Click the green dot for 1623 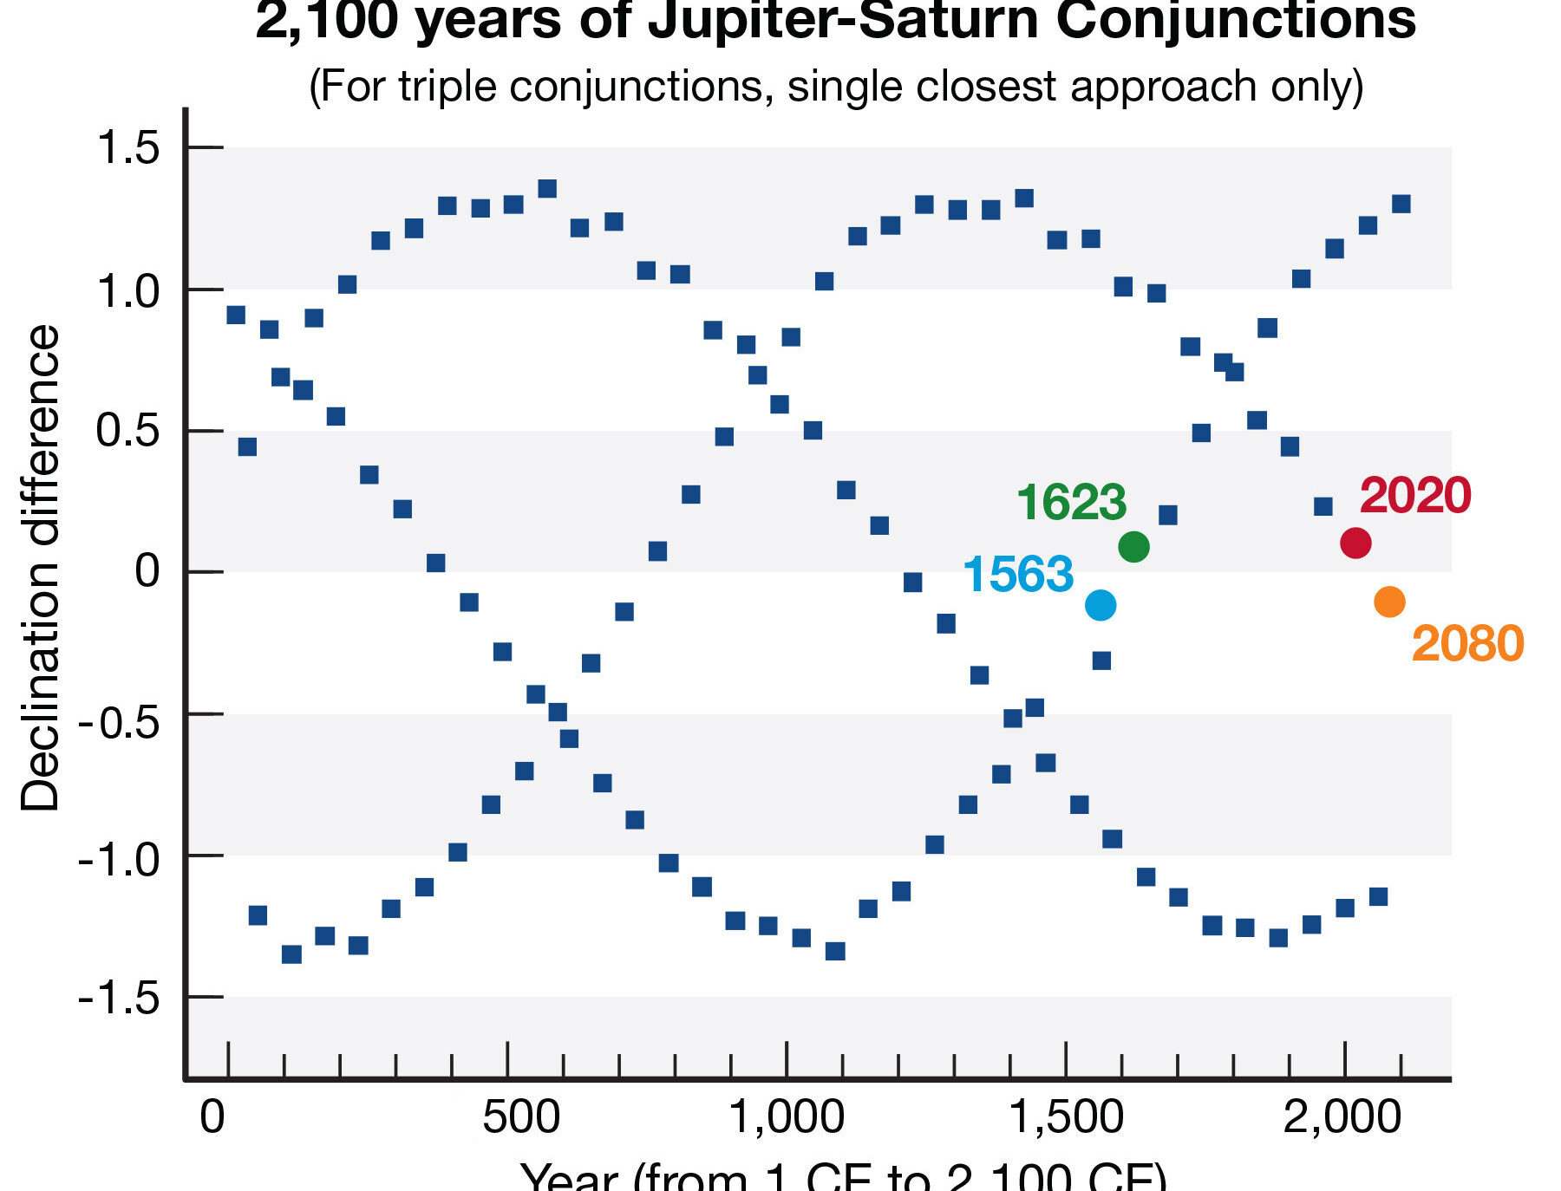pos(1133,546)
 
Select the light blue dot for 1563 pos(1100,605)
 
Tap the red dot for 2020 pos(1355,543)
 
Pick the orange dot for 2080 pos(1389,602)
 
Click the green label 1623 pos(1071,503)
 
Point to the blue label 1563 pos(1018,575)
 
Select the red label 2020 pos(1415,496)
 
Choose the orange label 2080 pos(1467,644)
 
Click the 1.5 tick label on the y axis pos(128,147)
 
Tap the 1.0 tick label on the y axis pos(128,291)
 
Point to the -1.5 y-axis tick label pos(119,999)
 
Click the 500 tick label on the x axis pos(520,1118)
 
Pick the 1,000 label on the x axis pos(787,1118)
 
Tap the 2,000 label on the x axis pos(1342,1118)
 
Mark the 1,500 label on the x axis pos(1067,1118)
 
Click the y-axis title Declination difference pos(40,568)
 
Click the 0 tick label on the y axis pos(147,572)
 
